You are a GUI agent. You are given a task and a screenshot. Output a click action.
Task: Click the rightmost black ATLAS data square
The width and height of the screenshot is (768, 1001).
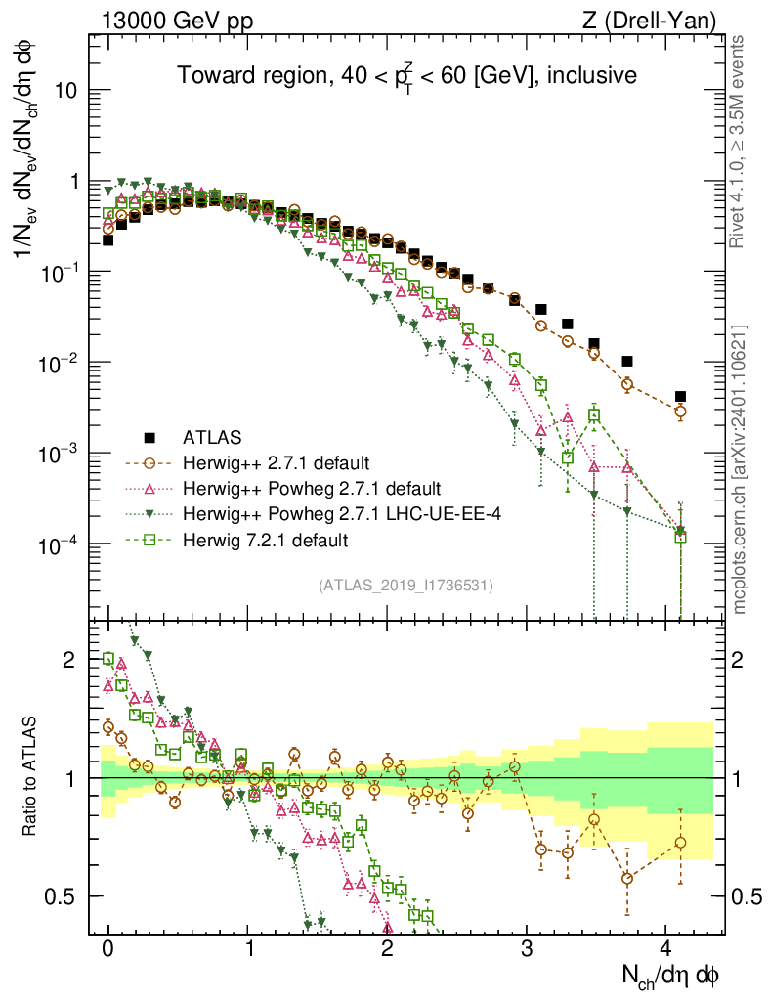[680, 397]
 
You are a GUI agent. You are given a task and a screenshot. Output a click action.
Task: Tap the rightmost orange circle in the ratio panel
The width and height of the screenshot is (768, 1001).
[680, 843]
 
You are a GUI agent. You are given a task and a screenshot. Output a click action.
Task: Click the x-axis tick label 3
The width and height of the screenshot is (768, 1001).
[527, 949]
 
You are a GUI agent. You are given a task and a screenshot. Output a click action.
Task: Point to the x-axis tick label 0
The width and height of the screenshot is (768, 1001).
[107, 949]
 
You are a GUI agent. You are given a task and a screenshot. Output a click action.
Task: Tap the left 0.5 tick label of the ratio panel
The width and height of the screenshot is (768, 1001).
[68, 896]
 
